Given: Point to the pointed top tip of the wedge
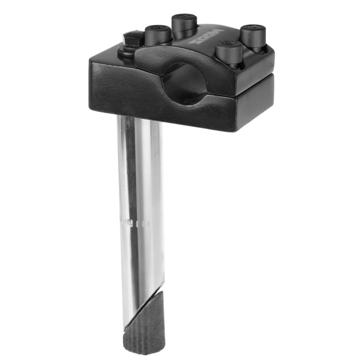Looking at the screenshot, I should [x=161, y=291].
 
